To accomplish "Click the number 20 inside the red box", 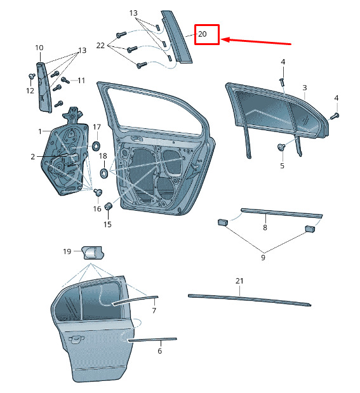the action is pos(203,34).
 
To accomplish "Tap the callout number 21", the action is pos(239,281).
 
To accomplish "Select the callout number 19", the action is pos(67,251).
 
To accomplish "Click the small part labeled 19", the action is pos(93,253).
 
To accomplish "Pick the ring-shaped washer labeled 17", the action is pos(96,147).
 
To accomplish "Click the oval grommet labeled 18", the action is pos(103,173).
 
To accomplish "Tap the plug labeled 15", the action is pos(109,206).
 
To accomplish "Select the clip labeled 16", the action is pos(98,192).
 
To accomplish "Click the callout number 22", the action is pos(100,45).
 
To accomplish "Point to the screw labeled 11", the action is pos(65,80).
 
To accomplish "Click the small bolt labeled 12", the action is pos(32,76).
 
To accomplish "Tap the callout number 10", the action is pos(39,48).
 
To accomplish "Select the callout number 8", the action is pos(265,227).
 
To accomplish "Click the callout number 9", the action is pos(263,257).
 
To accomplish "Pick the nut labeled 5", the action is pos(281,147).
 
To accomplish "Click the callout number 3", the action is pos(305,88).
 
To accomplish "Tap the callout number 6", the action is pos(160,350).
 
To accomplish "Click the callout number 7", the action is pos(154,310).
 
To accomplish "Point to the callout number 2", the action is pos(33,157).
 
